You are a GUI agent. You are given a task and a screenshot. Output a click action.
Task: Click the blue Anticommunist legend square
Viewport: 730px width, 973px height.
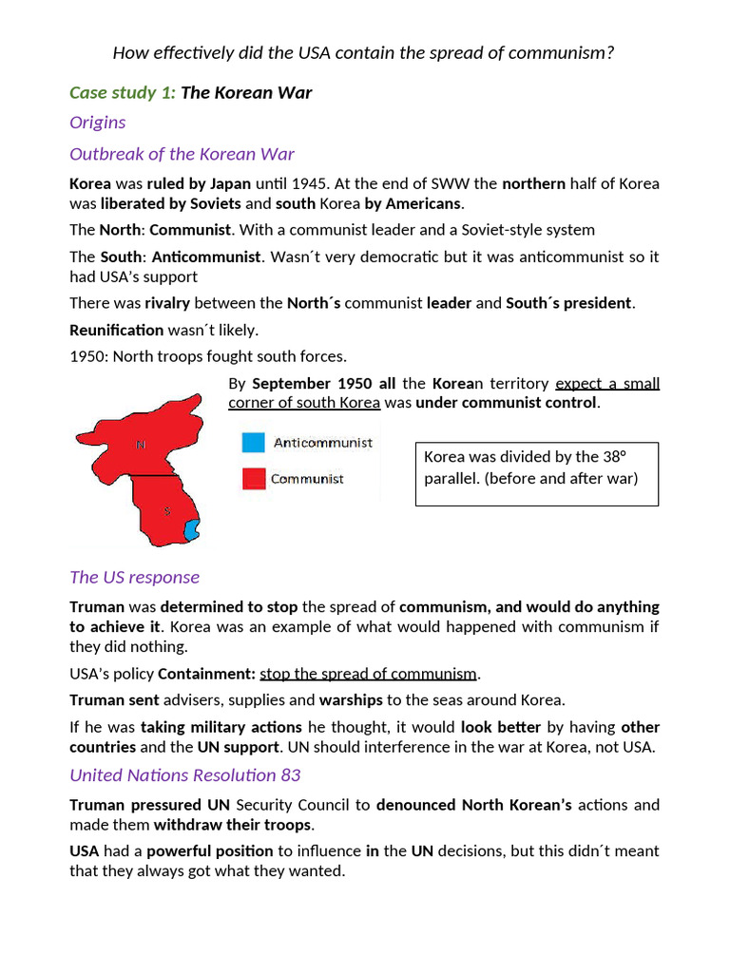coord(253,443)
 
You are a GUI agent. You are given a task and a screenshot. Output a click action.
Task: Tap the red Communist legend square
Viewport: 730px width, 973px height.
coord(253,479)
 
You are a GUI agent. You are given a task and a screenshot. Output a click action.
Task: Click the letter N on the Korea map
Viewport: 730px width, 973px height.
coord(141,444)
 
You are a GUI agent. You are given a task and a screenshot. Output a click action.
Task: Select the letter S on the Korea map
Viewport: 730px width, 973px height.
coord(167,511)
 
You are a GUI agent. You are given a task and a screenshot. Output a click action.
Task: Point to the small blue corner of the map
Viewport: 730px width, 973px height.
coord(191,530)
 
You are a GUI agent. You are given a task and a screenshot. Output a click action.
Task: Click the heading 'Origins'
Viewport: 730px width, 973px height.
coord(97,123)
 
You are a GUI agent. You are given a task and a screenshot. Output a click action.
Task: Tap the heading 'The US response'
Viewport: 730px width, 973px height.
coord(134,577)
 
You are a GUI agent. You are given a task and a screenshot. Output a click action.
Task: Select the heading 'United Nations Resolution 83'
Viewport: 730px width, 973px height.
coord(184,774)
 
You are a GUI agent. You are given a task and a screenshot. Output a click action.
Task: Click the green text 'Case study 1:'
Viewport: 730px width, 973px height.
coord(123,92)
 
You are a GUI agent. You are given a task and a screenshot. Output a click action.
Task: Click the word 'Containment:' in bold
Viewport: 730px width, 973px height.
coord(206,674)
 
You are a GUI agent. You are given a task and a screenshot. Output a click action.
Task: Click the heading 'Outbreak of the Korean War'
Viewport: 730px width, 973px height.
coord(182,154)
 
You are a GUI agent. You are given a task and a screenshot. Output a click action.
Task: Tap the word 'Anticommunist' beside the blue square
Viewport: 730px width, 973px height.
coord(323,443)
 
